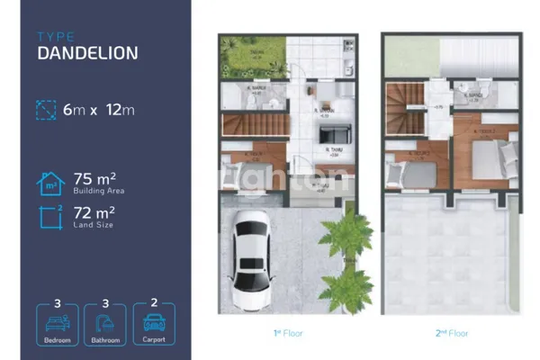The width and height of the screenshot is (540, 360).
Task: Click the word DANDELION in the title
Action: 87,52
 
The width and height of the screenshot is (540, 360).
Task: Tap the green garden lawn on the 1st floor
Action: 243,60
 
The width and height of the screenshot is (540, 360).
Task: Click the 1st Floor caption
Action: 288,334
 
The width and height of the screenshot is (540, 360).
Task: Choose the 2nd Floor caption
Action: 452,334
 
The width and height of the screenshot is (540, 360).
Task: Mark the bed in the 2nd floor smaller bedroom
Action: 414,170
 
